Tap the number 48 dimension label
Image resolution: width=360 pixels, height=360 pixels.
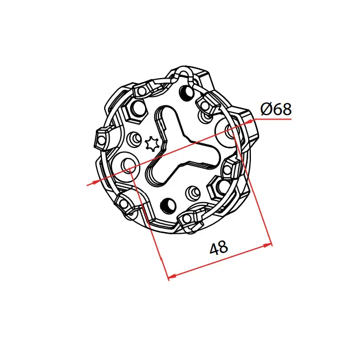219,248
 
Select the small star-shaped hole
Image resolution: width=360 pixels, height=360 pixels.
152,144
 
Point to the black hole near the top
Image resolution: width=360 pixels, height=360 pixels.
187,92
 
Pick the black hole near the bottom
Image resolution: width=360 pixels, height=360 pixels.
168,204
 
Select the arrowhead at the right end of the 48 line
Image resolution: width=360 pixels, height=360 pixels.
268,245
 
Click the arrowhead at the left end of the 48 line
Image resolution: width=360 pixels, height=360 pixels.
173,276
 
